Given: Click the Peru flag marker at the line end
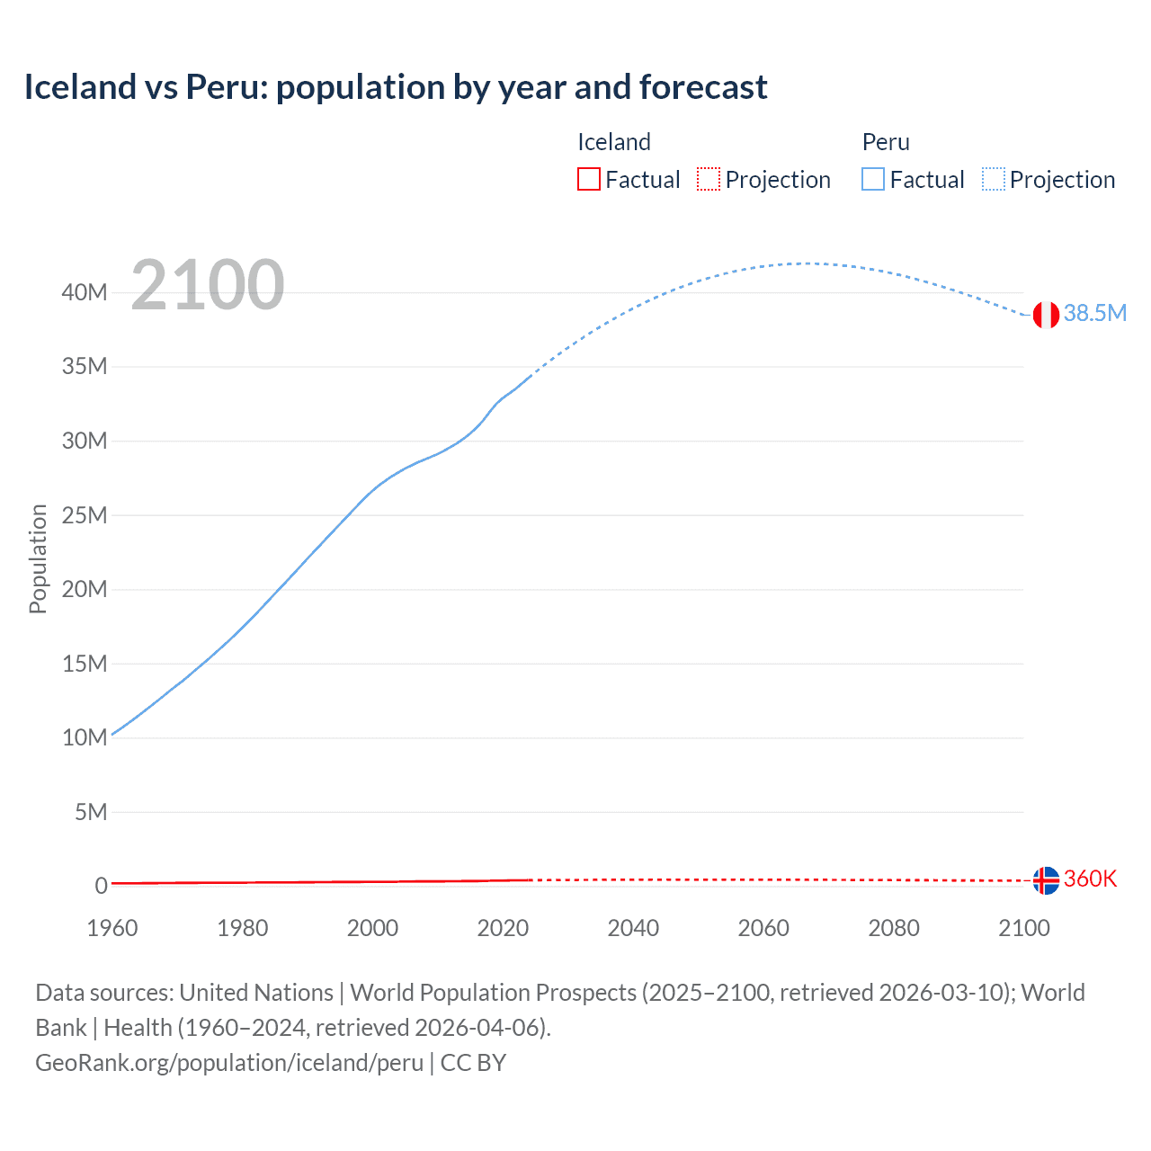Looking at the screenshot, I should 1046,315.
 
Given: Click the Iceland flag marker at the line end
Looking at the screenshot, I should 1046,880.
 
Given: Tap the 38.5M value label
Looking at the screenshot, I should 1094,313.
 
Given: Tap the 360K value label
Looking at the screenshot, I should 1090,879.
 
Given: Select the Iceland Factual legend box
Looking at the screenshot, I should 589,179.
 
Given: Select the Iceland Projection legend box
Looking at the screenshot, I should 709,179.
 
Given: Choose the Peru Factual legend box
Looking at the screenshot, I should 873,179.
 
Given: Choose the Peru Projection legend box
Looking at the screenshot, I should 994,179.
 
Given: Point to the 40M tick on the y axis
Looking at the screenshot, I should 85,292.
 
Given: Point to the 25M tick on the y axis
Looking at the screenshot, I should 85,515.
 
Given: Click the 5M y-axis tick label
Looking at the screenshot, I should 91,812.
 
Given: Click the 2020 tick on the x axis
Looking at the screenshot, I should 503,928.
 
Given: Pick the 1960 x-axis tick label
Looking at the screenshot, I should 112,928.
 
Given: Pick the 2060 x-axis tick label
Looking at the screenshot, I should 763,928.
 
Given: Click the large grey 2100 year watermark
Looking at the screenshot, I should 208,285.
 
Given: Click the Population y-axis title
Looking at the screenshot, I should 38,558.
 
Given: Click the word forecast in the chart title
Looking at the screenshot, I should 703,87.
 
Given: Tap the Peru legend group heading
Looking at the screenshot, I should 886,142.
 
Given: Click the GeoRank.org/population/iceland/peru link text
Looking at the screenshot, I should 229,1063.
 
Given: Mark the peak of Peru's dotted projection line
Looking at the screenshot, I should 808,263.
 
